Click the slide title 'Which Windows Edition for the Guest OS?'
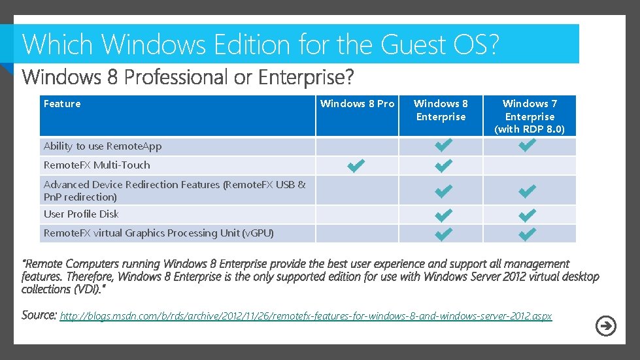tap(260, 44)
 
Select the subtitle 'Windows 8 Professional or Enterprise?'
tap(188, 78)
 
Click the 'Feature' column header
tap(62, 104)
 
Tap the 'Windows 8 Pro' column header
tap(357, 104)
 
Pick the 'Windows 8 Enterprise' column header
tap(441, 110)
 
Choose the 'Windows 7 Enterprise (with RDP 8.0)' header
tap(530, 116)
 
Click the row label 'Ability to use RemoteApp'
tap(103, 146)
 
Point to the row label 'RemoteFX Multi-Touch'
tap(97, 165)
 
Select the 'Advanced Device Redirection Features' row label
tap(174, 190)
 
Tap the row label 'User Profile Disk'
tap(81, 214)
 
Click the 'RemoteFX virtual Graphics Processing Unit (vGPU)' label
tap(158, 233)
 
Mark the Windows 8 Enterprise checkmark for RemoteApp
tap(442, 146)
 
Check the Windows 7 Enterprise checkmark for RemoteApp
tap(527, 146)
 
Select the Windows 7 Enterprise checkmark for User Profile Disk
tap(527, 214)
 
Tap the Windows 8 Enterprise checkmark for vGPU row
tap(442, 233)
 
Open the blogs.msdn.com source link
tap(306, 316)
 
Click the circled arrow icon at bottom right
tap(606, 326)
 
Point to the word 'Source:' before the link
tap(39, 315)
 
